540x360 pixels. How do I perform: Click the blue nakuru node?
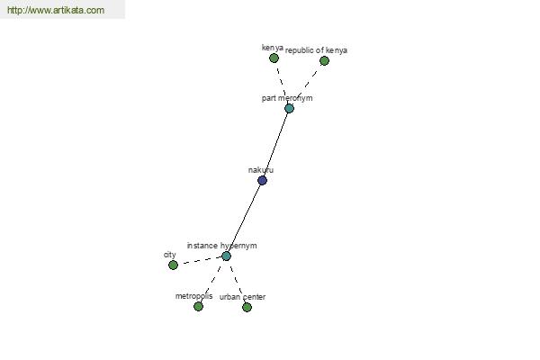coord(262,180)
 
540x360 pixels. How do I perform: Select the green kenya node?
coord(274,58)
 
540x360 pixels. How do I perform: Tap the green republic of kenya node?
coord(324,61)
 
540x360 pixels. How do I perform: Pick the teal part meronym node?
coord(289,109)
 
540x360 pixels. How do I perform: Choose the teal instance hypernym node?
coord(226,256)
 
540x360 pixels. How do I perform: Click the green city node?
coord(173,265)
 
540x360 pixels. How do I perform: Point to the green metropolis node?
coord(198,306)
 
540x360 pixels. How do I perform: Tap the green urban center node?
coord(247,307)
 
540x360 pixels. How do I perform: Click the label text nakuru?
coord(261,170)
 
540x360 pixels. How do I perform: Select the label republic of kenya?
coord(316,50)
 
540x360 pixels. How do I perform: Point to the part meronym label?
coord(287,98)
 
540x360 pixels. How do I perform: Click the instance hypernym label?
coord(221,246)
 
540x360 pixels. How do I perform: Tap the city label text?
coord(170,255)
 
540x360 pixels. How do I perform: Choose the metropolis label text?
coord(193,296)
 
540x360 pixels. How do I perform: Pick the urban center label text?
coord(242,297)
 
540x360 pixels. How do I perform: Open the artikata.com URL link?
coord(56,10)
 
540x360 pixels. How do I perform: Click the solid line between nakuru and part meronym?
coord(276,144)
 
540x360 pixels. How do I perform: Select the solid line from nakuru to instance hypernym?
coord(244,218)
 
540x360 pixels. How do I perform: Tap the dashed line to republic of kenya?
coord(307,84)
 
